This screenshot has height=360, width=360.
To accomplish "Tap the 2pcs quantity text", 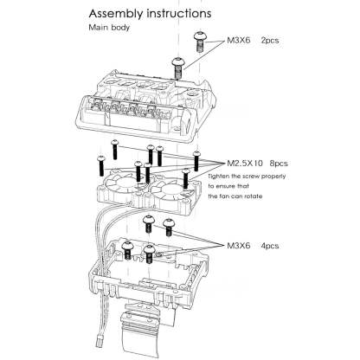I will (x=271, y=41).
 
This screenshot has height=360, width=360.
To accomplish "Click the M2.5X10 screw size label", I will (x=248, y=162).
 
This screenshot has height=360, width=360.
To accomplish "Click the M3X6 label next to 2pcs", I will (x=241, y=41).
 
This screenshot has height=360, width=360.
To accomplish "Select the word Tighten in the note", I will (x=241, y=175).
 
